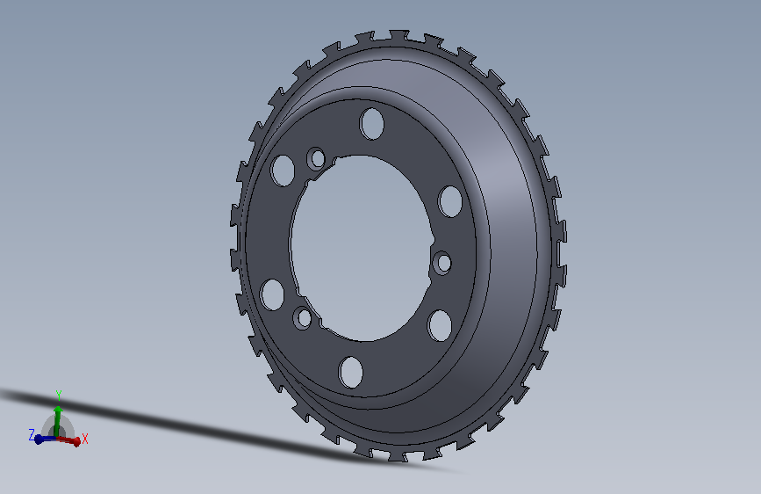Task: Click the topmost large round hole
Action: (372, 123)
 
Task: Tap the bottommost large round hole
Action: (351, 372)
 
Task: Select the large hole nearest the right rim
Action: (450, 201)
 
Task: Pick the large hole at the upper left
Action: (283, 171)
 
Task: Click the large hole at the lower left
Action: (272, 294)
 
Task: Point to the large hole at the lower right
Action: (440, 325)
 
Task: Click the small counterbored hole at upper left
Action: (317, 158)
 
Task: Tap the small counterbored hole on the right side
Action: (442, 263)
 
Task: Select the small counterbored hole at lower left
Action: (304, 318)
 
